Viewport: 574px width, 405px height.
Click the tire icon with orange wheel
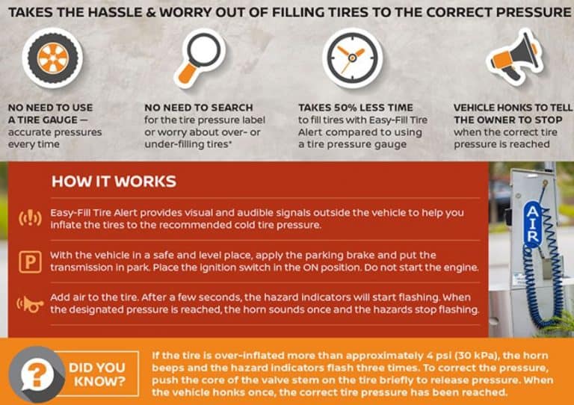coord(53,58)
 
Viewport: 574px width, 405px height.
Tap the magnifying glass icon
coord(200,58)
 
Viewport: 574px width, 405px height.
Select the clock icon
coord(352,58)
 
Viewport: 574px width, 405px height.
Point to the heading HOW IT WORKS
coord(114,182)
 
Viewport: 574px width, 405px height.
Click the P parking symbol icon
coord(30,262)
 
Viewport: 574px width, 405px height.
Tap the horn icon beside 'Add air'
coord(30,304)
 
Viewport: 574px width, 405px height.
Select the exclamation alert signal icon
coord(30,218)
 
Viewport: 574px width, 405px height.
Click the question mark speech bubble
coord(37,374)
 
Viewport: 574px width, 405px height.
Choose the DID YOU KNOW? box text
coord(97,374)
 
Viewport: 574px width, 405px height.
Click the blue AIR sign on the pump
coord(533,224)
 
